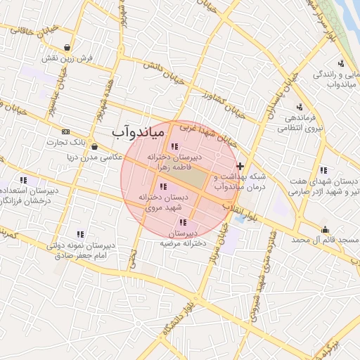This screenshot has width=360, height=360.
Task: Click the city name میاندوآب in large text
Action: (x=138, y=131)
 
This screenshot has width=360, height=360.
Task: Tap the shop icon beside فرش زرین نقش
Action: (x=67, y=48)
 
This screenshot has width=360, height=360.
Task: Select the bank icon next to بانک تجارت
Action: (x=66, y=131)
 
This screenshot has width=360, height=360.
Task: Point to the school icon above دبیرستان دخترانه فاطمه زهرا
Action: (x=174, y=146)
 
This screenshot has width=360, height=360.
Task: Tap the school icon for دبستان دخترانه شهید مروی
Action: (x=164, y=186)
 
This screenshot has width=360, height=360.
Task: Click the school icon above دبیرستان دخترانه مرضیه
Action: (x=184, y=222)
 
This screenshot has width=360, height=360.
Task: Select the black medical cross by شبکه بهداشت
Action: (x=240, y=167)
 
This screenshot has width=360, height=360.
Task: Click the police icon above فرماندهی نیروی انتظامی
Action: (x=300, y=107)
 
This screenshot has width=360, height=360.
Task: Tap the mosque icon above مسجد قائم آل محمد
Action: (x=325, y=229)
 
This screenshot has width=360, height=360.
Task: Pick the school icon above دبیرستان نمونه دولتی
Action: (x=80, y=234)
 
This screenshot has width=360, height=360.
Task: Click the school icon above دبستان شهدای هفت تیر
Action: (x=323, y=169)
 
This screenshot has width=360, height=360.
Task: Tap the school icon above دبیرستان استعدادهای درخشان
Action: (x=23, y=180)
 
